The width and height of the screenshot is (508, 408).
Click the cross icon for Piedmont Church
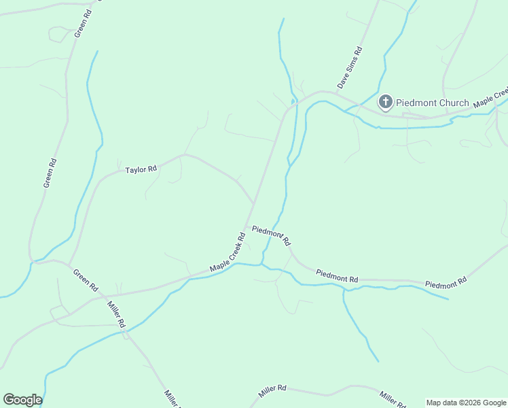(x=385, y=103)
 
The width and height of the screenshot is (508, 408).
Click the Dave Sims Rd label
(x=350, y=68)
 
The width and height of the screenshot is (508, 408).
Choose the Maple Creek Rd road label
(x=228, y=253)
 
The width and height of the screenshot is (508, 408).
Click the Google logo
(x=22, y=400)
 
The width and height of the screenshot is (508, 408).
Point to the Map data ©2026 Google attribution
(x=467, y=403)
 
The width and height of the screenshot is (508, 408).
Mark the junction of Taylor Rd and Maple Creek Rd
(x=253, y=203)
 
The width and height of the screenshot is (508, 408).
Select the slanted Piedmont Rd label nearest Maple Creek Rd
(x=271, y=235)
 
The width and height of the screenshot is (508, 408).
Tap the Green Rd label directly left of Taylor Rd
(x=49, y=173)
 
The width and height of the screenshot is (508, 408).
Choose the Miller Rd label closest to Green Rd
(x=115, y=313)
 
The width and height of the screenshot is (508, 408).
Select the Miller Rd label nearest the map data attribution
(x=393, y=398)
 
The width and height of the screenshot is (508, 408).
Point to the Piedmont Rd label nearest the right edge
(x=446, y=282)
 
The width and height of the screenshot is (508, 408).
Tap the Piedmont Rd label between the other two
(x=337, y=276)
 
